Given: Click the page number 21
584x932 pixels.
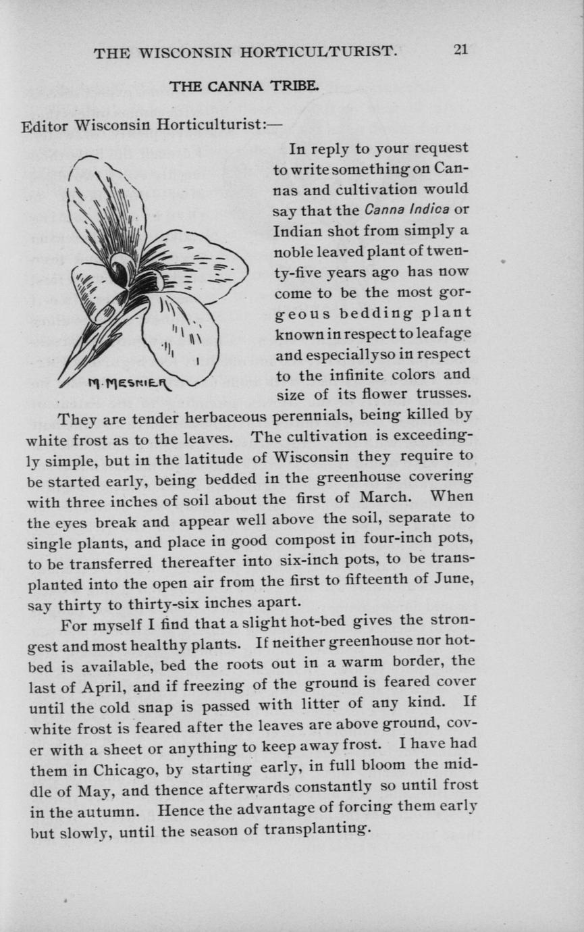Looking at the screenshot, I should click(x=460, y=51).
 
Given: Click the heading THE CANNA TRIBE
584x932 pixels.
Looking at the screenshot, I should click(x=244, y=86).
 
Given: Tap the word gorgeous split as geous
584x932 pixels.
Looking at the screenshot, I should click(x=302, y=314).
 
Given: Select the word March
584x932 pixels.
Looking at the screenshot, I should click(x=381, y=498).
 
